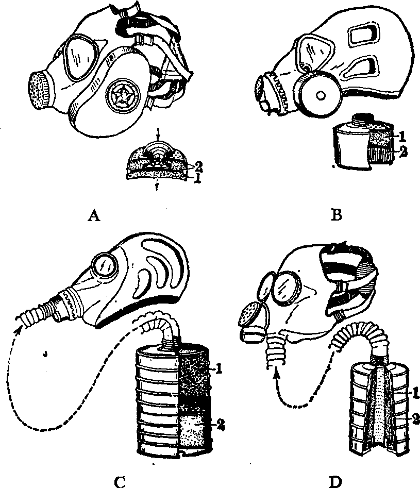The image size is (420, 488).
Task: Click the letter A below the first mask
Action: click(x=94, y=215)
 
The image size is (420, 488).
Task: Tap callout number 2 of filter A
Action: click(x=198, y=167)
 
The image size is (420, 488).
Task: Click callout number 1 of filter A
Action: click(x=197, y=178)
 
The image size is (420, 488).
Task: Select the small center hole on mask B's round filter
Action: click(x=320, y=95)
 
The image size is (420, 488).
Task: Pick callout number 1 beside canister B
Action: click(x=402, y=136)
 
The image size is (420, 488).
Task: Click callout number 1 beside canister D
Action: click(x=416, y=393)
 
